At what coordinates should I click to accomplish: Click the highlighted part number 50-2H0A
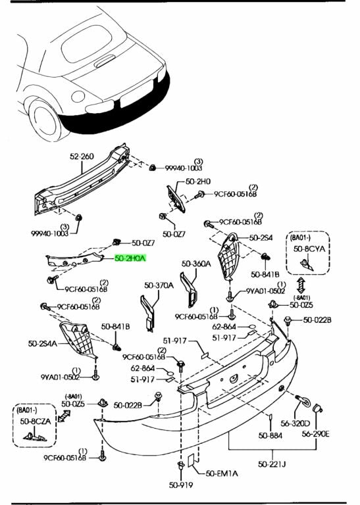point(130,258)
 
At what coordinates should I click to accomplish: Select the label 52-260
point(82,156)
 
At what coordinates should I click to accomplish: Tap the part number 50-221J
point(272,464)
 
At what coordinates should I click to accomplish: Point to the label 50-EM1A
point(222,473)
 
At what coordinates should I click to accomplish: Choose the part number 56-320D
point(296,423)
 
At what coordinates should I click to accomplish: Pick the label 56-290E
point(315,434)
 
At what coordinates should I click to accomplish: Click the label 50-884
point(270,435)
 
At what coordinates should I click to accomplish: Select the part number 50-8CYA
point(309,249)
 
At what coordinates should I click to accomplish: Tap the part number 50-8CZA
point(36,421)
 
